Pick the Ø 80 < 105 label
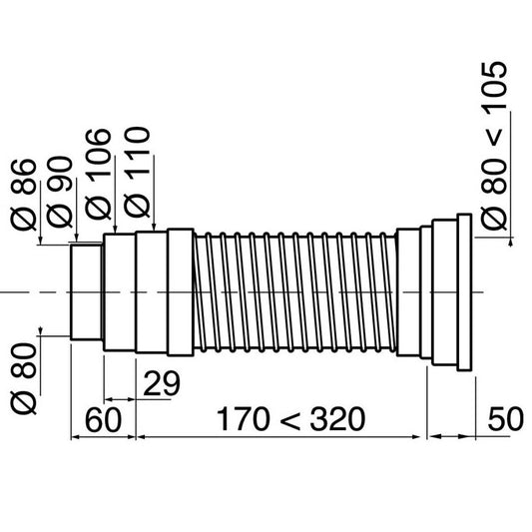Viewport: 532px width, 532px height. point(495,150)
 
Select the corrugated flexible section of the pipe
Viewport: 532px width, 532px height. point(294,291)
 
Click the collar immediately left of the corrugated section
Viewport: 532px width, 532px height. point(180,291)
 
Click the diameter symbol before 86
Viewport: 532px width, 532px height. point(23,219)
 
